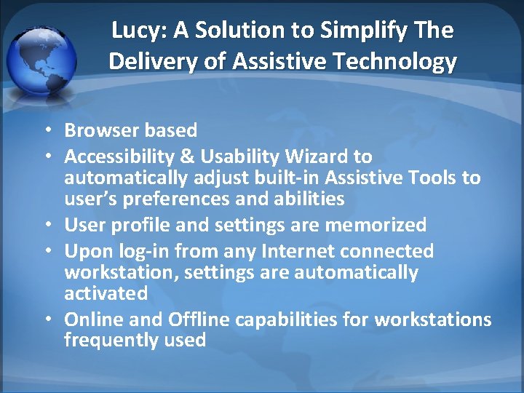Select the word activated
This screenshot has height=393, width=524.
pos(106,293)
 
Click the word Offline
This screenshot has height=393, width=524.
pos(198,319)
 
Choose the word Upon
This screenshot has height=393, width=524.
pos(86,252)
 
